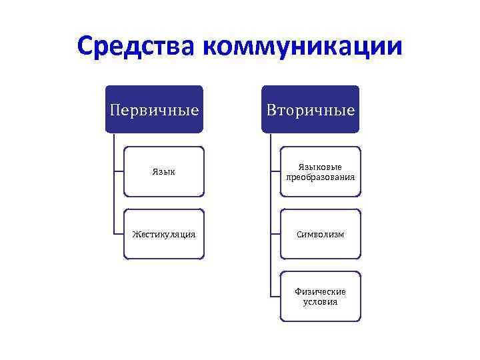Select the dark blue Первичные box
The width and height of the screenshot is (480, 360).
(x=154, y=109)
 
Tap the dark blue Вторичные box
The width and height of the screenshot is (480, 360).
(x=310, y=109)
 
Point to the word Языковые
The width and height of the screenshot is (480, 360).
(x=320, y=167)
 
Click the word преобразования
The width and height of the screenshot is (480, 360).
(x=320, y=177)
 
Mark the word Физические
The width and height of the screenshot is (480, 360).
(x=320, y=291)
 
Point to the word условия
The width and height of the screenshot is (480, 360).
(x=320, y=302)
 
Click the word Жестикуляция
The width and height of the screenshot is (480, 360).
(x=164, y=235)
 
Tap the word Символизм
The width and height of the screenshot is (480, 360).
(x=320, y=235)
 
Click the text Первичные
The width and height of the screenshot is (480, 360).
(x=154, y=109)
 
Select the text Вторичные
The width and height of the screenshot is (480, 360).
(x=310, y=109)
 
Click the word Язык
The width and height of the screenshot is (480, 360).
(x=164, y=172)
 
